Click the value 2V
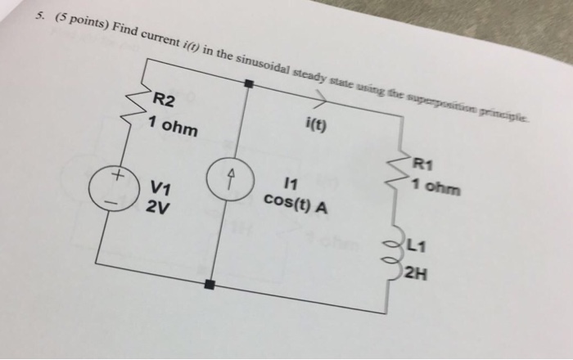coord(158,207)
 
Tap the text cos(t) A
coord(296,202)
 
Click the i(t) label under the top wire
coord(316,127)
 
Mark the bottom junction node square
coord(210,284)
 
